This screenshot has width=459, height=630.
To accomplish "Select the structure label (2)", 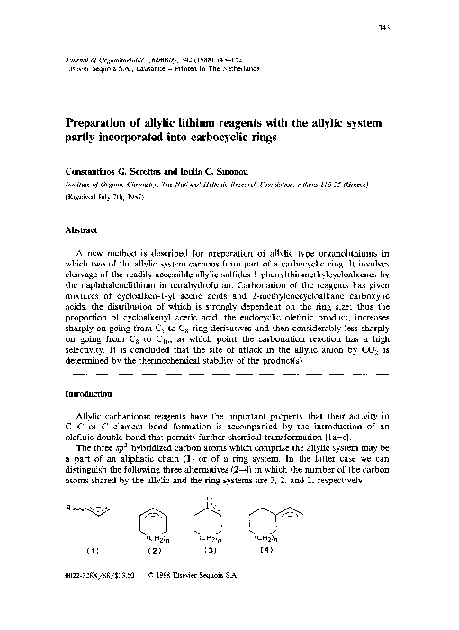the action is coord(154,573).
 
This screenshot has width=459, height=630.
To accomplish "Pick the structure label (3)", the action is coord(211,573).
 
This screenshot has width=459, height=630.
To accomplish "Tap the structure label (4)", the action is coord(266,573).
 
